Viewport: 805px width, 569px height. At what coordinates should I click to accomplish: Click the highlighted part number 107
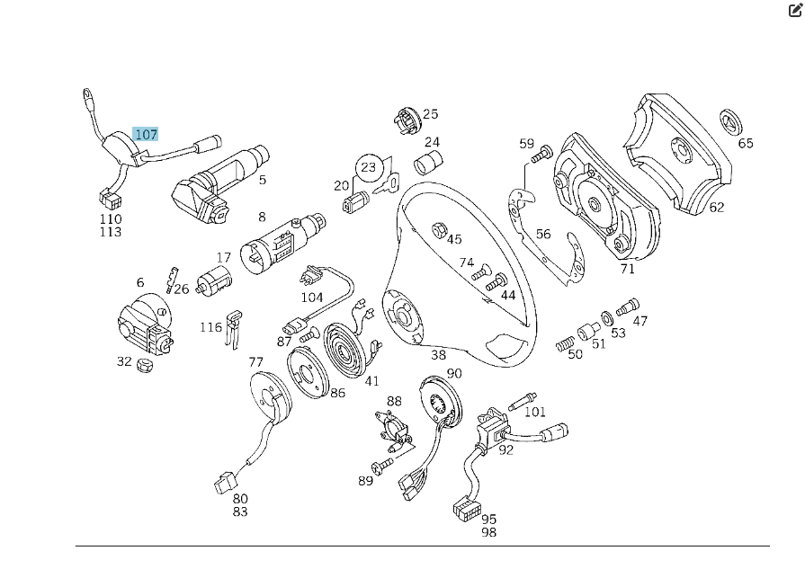[146, 135]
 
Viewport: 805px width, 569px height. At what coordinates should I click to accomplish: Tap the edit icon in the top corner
[794, 11]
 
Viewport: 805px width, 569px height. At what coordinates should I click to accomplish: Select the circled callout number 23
[369, 167]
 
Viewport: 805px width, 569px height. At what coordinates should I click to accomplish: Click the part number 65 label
[746, 143]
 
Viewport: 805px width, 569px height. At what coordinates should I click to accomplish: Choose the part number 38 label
[438, 355]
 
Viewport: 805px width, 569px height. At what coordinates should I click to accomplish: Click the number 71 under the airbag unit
[628, 269]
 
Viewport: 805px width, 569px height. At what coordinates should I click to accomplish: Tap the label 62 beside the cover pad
[717, 207]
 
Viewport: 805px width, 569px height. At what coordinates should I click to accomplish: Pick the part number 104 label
[311, 298]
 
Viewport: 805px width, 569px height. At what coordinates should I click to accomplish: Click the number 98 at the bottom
[488, 532]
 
